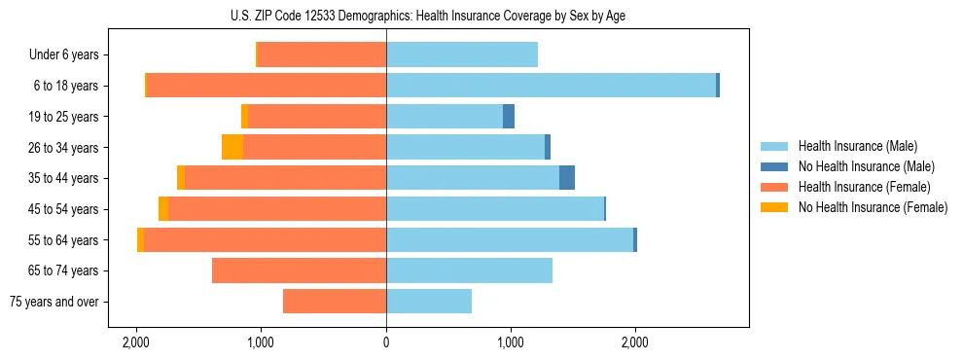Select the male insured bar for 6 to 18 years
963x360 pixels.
tap(551, 86)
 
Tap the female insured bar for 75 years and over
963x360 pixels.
tap(335, 302)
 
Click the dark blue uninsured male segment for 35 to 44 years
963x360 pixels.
tap(567, 178)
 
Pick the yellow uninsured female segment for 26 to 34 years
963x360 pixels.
tap(232, 147)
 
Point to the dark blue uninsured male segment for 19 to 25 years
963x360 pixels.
tap(509, 117)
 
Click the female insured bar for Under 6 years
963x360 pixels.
tap(322, 54)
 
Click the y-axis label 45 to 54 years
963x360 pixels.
tap(63, 209)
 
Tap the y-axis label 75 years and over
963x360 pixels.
tap(54, 302)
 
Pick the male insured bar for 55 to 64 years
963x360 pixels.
tap(510, 239)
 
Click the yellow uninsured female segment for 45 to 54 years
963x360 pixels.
tap(163, 209)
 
